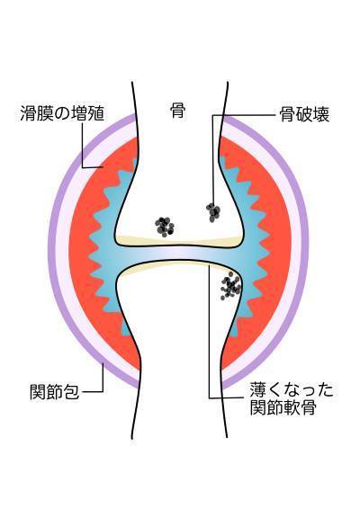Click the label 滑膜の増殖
pos(62,113)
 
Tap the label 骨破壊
pos(304,114)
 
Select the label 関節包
pos(54,391)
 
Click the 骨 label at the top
pos(177,111)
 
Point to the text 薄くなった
pos(292,390)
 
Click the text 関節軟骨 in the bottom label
pos(283,407)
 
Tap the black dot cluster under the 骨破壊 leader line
pos(213,212)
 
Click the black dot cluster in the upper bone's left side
pos(165,227)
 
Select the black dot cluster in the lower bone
pos(230,286)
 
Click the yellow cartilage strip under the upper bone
pos(179,240)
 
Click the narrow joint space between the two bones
pos(179,253)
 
